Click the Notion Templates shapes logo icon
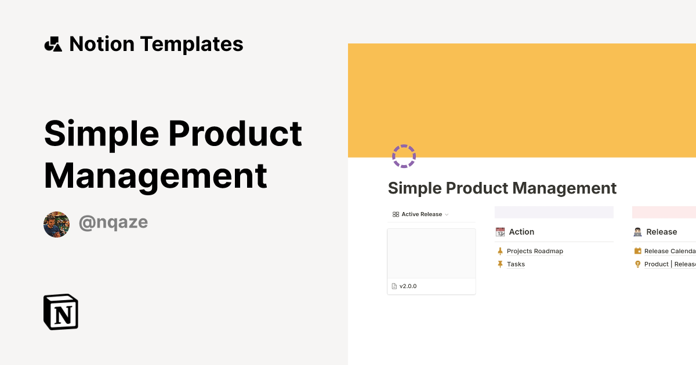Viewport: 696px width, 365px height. click(53, 44)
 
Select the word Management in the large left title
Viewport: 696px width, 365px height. click(155, 175)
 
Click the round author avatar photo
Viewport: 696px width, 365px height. click(56, 224)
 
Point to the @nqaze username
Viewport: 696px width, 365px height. click(113, 222)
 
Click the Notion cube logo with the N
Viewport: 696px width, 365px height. click(61, 312)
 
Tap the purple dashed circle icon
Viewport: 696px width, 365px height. click(404, 156)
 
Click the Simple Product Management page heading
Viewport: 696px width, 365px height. click(502, 188)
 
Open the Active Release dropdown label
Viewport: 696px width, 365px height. click(422, 214)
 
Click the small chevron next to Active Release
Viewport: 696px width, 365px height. click(447, 215)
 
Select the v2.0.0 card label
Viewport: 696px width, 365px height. click(408, 286)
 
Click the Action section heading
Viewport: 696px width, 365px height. click(521, 232)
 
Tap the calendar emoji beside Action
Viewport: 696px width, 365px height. click(500, 232)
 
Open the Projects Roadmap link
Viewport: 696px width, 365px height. click(535, 251)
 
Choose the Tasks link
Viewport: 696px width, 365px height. click(516, 264)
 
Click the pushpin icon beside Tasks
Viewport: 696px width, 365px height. click(500, 264)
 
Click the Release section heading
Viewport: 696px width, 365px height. click(661, 232)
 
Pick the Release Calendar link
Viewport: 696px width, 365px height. click(669, 251)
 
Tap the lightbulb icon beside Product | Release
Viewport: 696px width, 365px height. click(637, 264)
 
